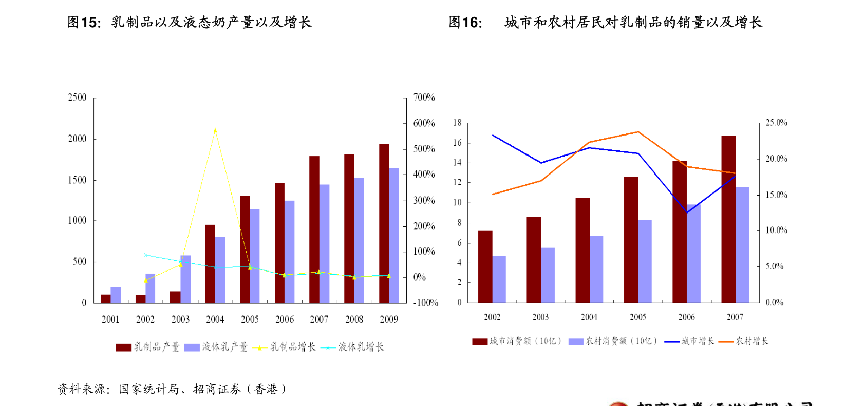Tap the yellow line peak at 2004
(x=215, y=130)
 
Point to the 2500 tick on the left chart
(x=78, y=98)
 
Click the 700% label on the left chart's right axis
(x=424, y=98)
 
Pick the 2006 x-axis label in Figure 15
(x=285, y=319)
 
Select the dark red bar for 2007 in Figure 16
(x=728, y=219)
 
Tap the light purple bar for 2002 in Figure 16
(x=499, y=279)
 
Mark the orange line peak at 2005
(x=638, y=132)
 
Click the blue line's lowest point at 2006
(x=687, y=212)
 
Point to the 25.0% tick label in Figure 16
(x=776, y=123)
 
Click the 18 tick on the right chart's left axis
(x=457, y=123)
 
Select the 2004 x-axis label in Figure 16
(x=589, y=317)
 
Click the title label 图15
(x=84, y=23)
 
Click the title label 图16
(x=465, y=23)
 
